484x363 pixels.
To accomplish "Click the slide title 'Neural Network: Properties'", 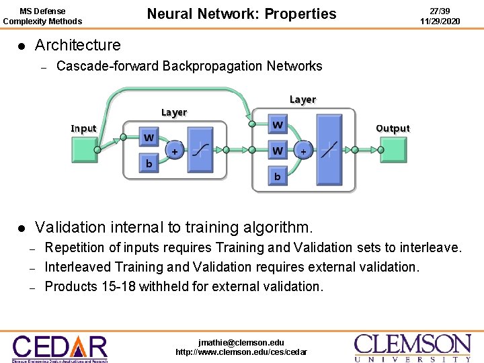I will (x=241, y=14).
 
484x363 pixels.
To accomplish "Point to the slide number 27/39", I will (x=440, y=11).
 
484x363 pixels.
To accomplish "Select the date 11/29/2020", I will (x=440, y=22).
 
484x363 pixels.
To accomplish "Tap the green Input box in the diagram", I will (x=84, y=149).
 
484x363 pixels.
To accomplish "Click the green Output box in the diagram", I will (x=393, y=149).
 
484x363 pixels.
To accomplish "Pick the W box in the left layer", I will (x=149, y=138).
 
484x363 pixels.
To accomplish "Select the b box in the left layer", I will (x=149, y=163).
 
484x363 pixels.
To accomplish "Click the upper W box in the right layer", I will (x=277, y=125).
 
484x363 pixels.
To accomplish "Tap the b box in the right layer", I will (x=277, y=177).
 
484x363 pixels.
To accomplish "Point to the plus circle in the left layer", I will (x=174, y=151).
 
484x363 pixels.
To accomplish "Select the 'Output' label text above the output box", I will (x=393, y=128).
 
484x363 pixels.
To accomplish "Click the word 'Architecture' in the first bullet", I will (x=77, y=46).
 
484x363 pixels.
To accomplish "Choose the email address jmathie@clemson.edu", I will (x=241, y=342).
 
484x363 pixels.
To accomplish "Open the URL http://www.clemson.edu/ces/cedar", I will (x=241, y=352).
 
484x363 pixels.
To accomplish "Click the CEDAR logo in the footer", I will (x=60, y=348).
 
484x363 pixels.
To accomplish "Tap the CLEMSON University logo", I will (x=413, y=348).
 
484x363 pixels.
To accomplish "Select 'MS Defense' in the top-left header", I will (x=42, y=11).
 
